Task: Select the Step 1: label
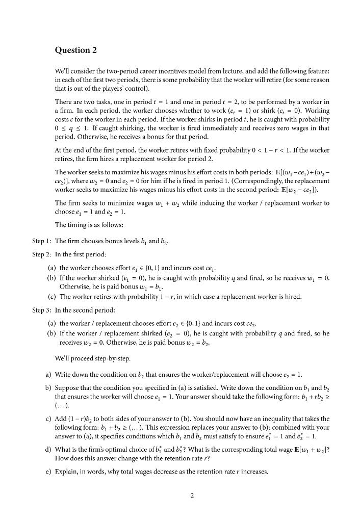click(41, 241)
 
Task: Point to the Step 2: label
click(41, 253)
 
